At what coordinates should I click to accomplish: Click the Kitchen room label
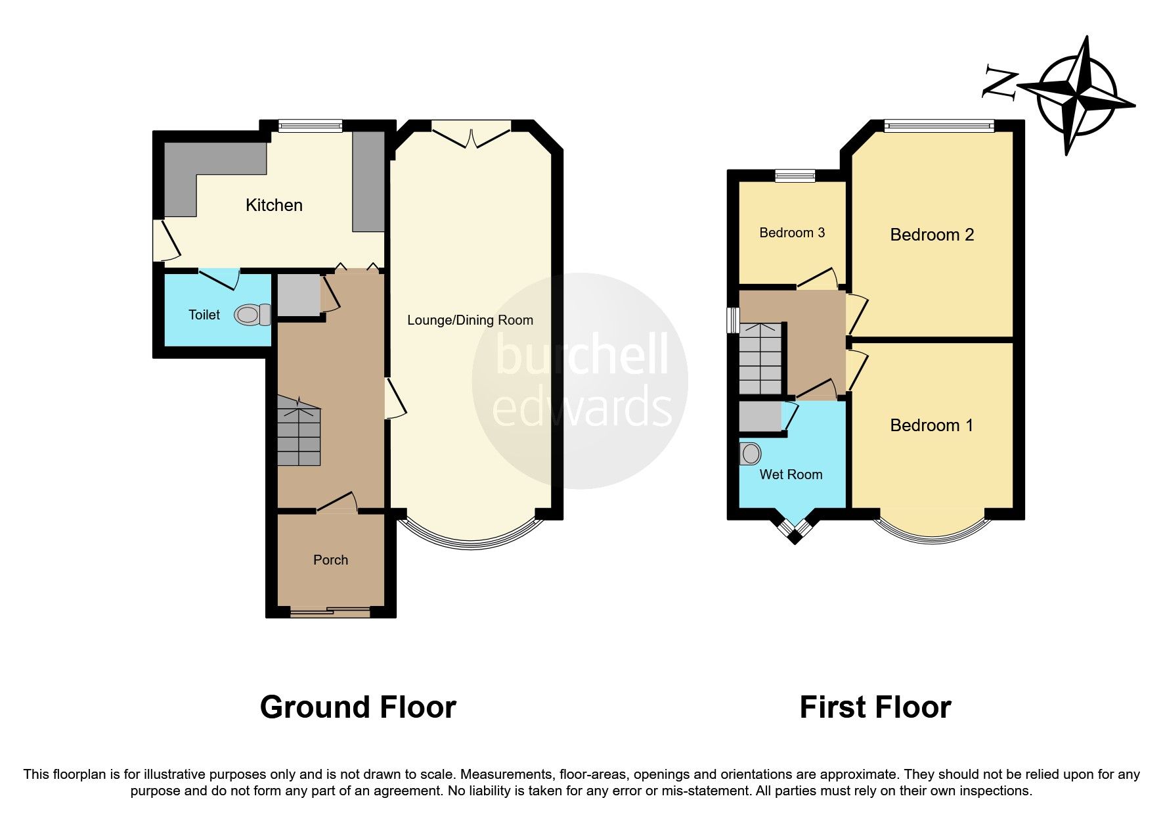click(x=274, y=205)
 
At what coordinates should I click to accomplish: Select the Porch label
click(x=330, y=560)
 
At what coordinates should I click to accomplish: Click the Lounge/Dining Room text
click(x=470, y=320)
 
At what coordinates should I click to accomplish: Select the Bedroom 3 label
click(x=792, y=233)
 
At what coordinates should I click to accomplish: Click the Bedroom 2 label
click(x=932, y=235)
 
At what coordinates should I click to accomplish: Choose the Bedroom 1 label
click(x=931, y=425)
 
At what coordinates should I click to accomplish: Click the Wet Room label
click(x=791, y=475)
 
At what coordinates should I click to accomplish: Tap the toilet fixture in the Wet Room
click(x=751, y=453)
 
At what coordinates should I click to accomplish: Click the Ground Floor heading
click(x=358, y=707)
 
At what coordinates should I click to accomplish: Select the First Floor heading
click(x=875, y=707)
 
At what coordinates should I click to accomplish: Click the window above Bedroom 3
click(x=795, y=175)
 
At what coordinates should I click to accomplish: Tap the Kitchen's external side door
click(x=165, y=240)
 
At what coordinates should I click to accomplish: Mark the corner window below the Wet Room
click(x=795, y=530)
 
